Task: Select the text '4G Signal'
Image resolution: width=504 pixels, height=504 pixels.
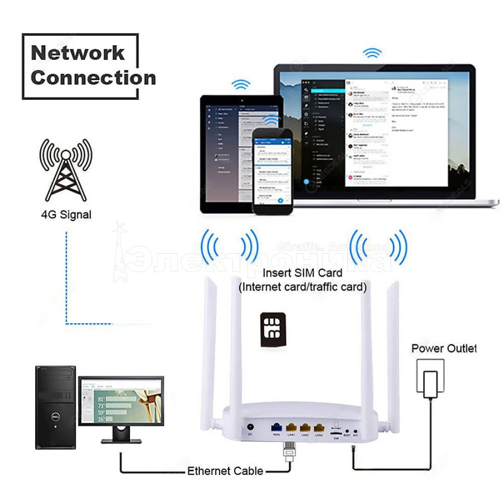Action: [x=66, y=214]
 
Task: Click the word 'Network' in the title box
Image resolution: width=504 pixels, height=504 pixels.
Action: [x=78, y=53]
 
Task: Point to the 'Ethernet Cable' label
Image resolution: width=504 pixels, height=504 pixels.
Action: [x=225, y=471]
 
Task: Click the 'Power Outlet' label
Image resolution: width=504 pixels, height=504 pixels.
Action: [x=444, y=348]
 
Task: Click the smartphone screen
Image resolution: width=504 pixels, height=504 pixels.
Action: [x=273, y=172]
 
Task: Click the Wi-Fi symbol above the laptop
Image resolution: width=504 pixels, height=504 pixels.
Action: [x=372, y=53]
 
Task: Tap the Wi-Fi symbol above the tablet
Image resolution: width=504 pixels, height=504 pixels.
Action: [x=241, y=85]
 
